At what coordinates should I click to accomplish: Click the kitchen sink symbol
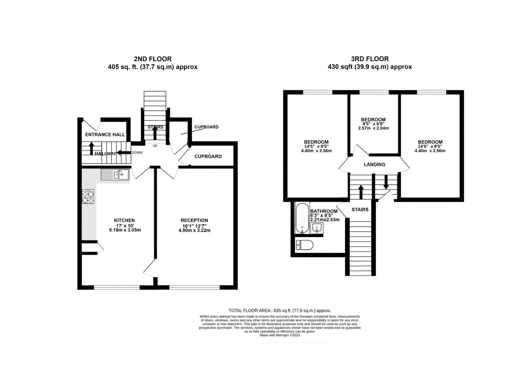tap(115, 175)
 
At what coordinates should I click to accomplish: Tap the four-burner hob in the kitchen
tap(88, 197)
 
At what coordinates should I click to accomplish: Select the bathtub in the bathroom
tap(302, 219)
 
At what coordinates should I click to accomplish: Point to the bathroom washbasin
tap(317, 228)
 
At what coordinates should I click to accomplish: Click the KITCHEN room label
tap(125, 220)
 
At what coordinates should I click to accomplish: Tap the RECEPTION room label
tap(194, 220)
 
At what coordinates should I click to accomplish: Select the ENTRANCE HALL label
tap(105, 135)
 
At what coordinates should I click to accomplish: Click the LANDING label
tap(375, 165)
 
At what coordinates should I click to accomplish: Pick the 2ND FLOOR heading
tap(153, 59)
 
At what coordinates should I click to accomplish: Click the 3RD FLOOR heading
tap(370, 59)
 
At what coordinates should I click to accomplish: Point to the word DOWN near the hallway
tap(137, 153)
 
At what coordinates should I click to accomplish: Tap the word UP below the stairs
tap(155, 146)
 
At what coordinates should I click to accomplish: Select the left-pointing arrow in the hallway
tap(124, 153)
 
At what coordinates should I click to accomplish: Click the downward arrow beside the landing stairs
tap(386, 182)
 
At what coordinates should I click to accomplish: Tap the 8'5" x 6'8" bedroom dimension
tap(373, 124)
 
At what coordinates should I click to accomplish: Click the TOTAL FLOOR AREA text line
tap(280, 311)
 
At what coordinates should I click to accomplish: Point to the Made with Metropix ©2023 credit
tap(280, 335)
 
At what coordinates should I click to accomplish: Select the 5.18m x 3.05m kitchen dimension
tap(125, 230)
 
